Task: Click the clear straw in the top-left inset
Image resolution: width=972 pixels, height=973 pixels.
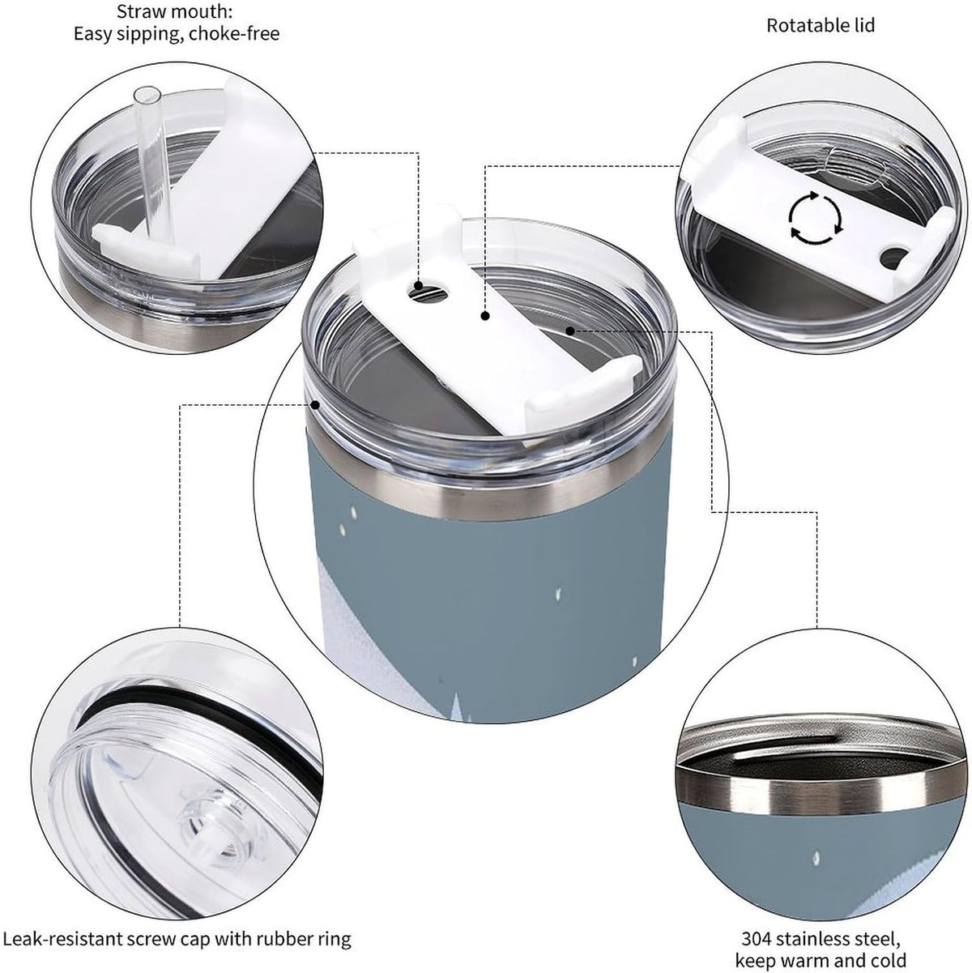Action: pyautogui.click(x=149, y=161)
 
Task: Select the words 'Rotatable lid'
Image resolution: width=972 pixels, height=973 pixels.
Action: pyautogui.click(x=821, y=26)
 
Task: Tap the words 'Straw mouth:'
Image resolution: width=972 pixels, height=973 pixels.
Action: pyautogui.click(x=175, y=11)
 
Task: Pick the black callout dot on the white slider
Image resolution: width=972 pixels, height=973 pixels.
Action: pyautogui.click(x=485, y=316)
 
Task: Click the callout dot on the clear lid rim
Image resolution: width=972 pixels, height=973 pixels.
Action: pyautogui.click(x=316, y=404)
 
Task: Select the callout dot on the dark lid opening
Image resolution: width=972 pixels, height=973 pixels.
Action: pyautogui.click(x=570, y=331)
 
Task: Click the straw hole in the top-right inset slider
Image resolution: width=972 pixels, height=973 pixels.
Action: pyautogui.click(x=893, y=256)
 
